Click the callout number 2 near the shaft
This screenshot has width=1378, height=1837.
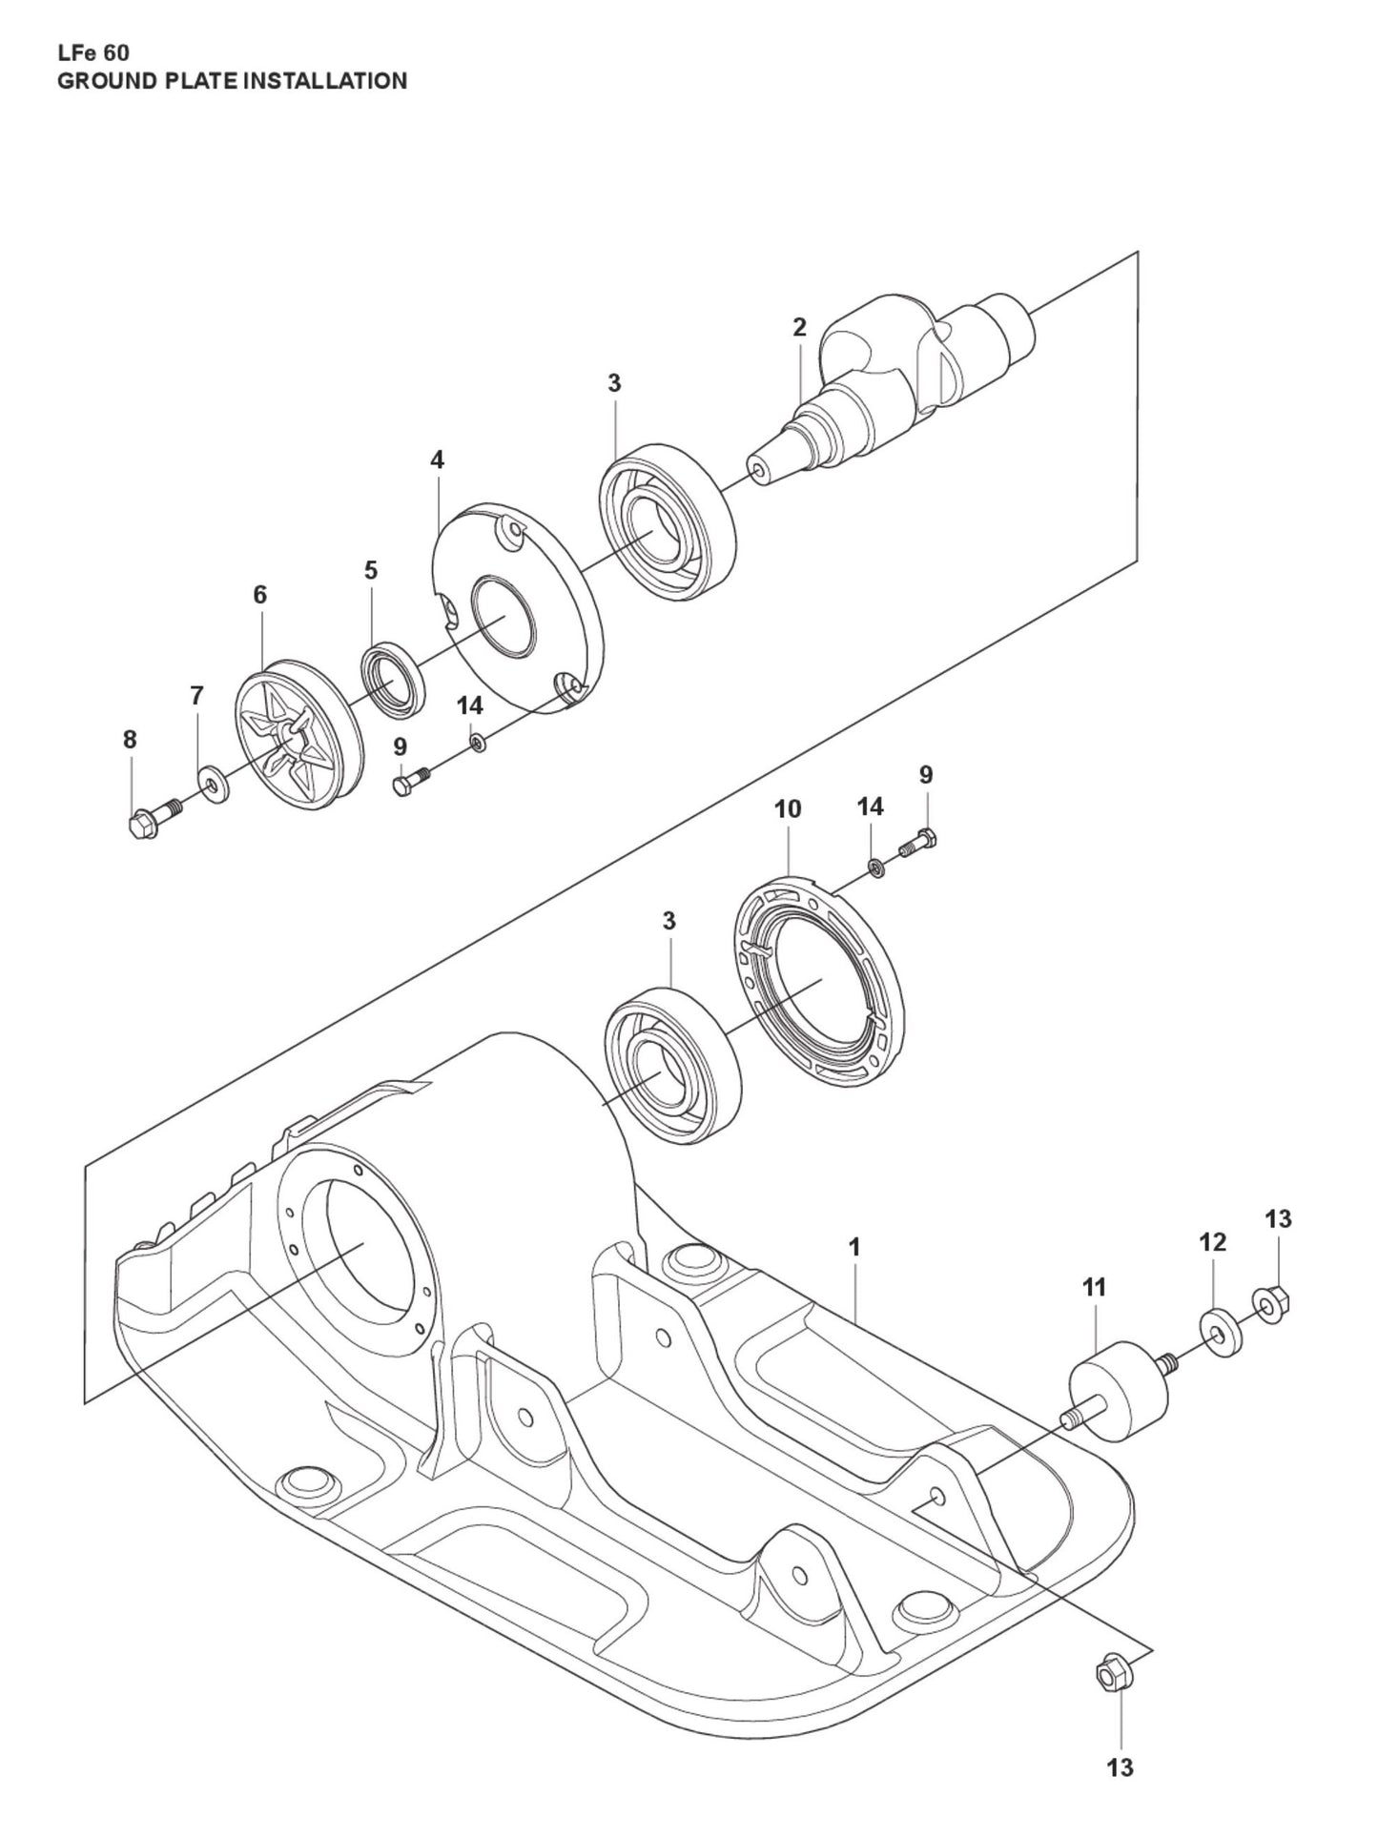click(799, 328)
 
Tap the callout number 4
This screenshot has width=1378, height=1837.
click(437, 460)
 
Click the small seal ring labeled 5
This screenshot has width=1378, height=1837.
click(391, 681)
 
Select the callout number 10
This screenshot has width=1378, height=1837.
click(788, 809)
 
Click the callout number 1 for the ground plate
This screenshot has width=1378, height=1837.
click(854, 1247)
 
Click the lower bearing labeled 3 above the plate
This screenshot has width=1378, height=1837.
click(673, 1068)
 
